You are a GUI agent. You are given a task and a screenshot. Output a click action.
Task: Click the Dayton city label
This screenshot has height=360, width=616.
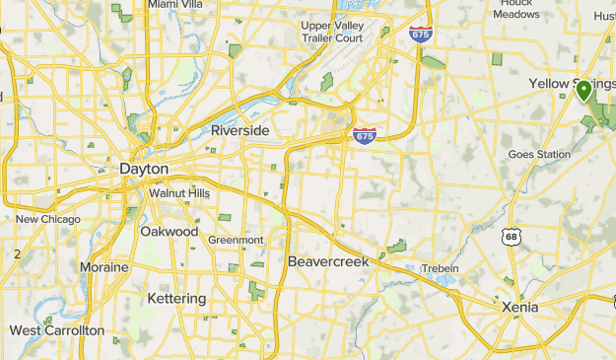143,170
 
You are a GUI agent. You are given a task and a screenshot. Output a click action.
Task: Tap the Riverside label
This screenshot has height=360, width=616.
240,130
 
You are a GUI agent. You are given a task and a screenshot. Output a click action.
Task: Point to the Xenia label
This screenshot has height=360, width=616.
518,307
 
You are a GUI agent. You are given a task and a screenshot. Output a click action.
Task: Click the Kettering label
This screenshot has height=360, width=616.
176,298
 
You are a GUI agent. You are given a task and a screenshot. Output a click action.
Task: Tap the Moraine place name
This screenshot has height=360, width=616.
103,267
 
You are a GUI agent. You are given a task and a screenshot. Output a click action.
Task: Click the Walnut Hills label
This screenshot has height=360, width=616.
179,193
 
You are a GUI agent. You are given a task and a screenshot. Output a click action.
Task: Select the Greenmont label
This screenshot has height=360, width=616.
236,240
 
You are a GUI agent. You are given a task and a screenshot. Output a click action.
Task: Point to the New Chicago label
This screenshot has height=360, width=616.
47,219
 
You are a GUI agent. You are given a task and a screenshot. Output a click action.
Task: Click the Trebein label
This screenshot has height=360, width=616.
441,268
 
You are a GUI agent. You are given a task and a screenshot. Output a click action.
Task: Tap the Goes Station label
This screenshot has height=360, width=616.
539,154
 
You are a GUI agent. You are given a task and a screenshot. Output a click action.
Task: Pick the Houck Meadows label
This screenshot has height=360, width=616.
515,9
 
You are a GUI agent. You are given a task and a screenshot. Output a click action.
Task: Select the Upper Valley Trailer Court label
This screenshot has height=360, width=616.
333,32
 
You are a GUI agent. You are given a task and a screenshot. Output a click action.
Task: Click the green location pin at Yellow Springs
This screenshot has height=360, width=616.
583,91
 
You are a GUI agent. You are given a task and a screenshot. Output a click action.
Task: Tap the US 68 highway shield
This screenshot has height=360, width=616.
510,237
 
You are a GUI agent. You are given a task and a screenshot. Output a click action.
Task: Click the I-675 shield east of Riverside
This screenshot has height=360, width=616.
365,135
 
